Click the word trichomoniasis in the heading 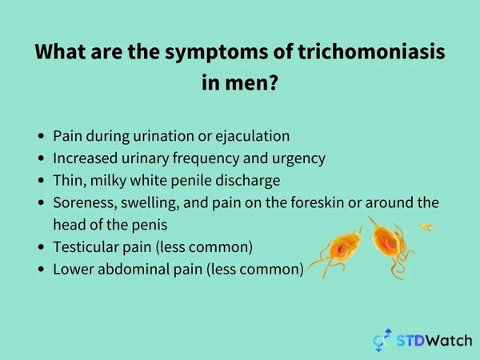[x=371, y=51]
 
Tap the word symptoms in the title [x=217, y=53]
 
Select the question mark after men [x=272, y=82]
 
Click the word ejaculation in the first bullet [x=253, y=136]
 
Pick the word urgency [x=298, y=159]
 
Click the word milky [x=108, y=181]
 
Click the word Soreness [x=85, y=203]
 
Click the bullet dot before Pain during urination [x=42, y=136]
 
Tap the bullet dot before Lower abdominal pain [x=42, y=270]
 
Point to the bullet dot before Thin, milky [x=42, y=180]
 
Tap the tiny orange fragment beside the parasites [x=426, y=227]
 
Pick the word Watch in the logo [x=449, y=341]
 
